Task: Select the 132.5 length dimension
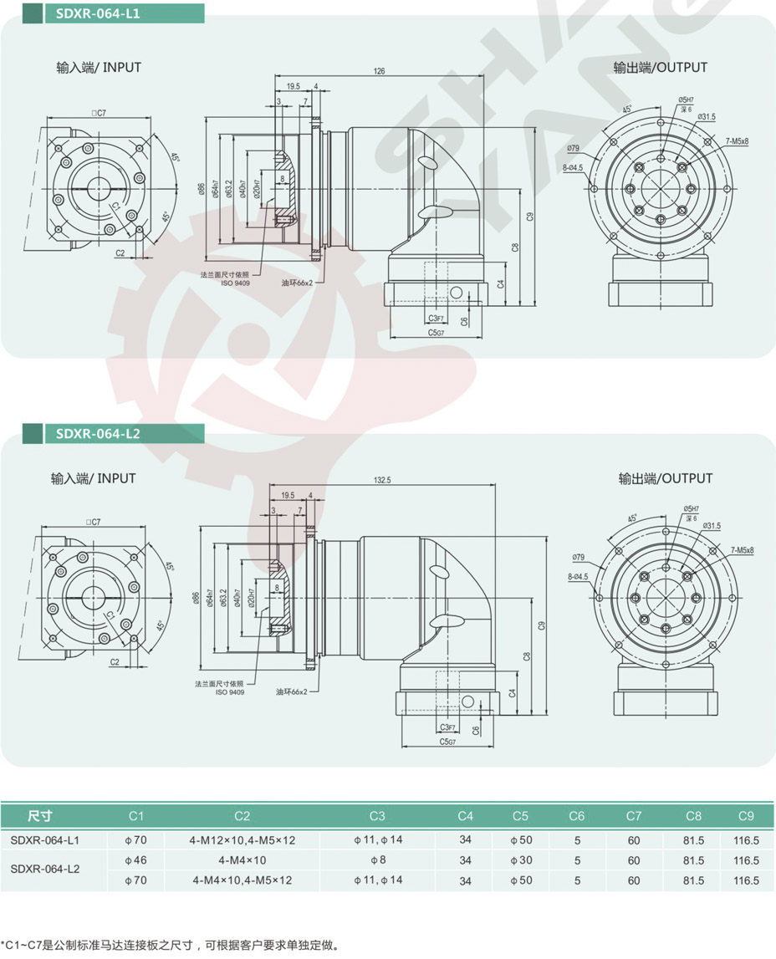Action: tap(384, 480)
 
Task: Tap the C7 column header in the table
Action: tap(633, 816)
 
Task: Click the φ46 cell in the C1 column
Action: tap(135, 860)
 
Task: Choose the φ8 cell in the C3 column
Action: tap(377, 860)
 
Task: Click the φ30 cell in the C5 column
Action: tap(521, 860)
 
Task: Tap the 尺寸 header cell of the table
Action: tap(39, 816)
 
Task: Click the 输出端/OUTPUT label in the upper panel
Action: tap(660, 67)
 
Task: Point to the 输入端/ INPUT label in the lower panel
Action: tap(93, 478)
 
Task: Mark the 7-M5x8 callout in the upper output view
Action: tap(738, 141)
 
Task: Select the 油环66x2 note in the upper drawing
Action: tap(297, 283)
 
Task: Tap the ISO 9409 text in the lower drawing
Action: tap(230, 692)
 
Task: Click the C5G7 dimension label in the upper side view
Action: tap(436, 332)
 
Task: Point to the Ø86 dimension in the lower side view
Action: tap(197, 598)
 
